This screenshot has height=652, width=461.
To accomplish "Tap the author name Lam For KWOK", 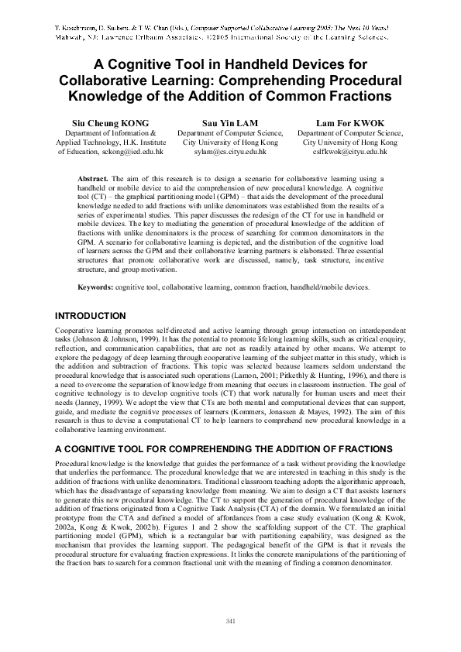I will [350, 123].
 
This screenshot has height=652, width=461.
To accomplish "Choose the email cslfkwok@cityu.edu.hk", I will [350, 153].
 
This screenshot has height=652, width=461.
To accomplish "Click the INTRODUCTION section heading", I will [90, 316].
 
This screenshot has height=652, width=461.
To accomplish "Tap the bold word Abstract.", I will [94, 179].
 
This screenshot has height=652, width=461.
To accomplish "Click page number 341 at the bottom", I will [230, 622].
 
